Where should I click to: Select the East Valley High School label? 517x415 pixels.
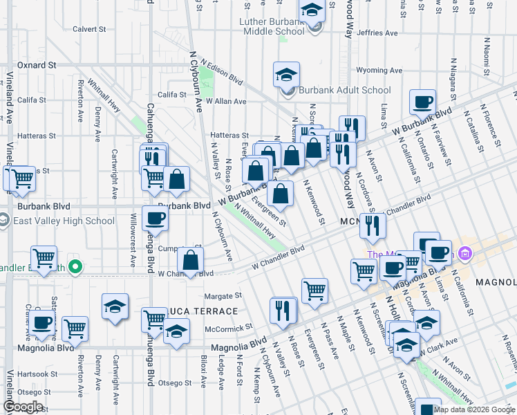(63, 221)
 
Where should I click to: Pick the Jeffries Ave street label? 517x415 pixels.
(378, 33)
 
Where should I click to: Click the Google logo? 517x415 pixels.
(23, 407)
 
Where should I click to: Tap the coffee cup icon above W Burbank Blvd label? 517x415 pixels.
(422, 102)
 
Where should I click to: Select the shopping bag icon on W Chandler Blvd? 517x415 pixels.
(190, 260)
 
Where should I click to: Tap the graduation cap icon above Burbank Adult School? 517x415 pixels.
(286, 75)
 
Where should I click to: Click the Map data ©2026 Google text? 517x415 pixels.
(474, 409)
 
